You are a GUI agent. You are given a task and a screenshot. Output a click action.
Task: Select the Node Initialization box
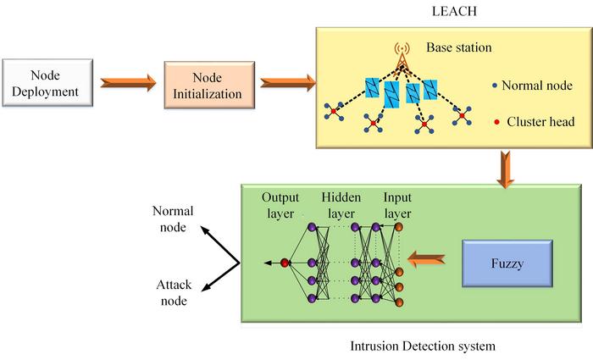tap(208, 82)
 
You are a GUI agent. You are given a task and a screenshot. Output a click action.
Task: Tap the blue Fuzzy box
tap(507, 263)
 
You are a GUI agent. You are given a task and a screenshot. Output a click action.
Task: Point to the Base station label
tap(457, 48)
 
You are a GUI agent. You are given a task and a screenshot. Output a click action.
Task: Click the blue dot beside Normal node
tap(494, 86)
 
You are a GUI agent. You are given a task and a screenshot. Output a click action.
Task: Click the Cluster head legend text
tap(540, 122)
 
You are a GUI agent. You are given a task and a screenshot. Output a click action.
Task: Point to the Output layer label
tap(280, 204)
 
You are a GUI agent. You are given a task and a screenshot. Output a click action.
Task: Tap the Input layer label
tap(397, 204)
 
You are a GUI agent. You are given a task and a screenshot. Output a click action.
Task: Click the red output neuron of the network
tap(285, 263)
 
